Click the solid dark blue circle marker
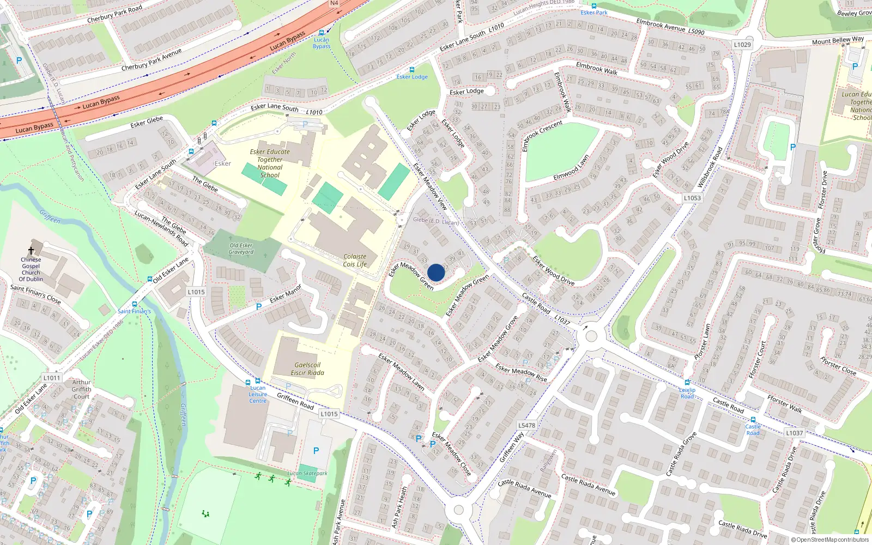pos(436,272)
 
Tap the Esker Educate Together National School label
pos(270,163)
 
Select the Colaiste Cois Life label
pos(355,261)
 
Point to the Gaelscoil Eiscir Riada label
pos(307,369)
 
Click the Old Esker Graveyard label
pos(241,249)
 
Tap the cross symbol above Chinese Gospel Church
pos(31,251)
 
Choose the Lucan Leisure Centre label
pos(258,394)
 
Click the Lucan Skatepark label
pos(307,473)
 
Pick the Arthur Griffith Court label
pos(81,389)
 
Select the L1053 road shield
pos(692,198)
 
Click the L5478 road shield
pos(526,425)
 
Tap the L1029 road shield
pos(742,45)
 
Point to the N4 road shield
pos(334,3)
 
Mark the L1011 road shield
pos(52,378)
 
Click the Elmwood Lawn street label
pos(571,168)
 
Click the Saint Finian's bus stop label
pos(134,311)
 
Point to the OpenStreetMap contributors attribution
pos(830,540)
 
